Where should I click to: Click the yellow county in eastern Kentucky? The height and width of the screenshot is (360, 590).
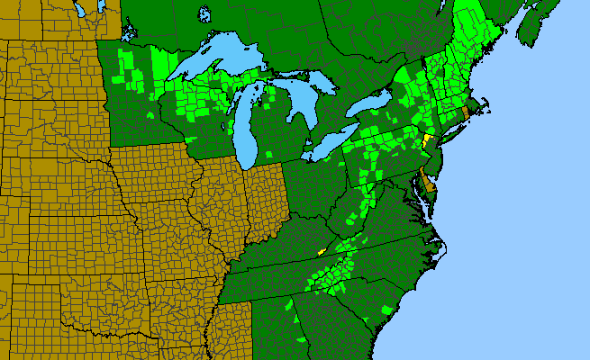(319, 251)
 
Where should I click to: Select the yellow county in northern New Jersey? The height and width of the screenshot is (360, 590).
(426, 140)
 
